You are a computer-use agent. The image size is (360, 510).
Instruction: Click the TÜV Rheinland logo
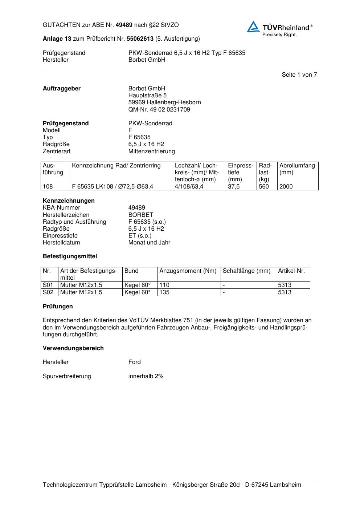(279, 29)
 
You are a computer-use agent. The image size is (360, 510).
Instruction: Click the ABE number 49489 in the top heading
(124, 25)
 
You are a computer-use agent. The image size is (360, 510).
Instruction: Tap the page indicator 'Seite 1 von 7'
(299, 75)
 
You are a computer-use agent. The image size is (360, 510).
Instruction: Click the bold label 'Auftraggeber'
(62, 89)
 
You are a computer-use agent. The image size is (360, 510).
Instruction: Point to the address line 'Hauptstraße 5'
(147, 96)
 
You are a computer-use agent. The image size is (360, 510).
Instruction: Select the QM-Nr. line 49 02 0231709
(159, 109)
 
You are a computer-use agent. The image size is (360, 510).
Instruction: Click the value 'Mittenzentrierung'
(151, 151)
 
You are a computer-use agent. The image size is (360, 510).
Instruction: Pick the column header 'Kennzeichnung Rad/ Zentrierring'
(116, 166)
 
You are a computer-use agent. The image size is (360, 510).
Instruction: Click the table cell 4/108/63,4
(189, 187)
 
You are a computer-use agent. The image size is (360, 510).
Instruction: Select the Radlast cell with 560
(264, 187)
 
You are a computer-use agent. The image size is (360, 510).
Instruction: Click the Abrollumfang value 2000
(286, 187)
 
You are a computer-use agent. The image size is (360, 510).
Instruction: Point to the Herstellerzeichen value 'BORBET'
(140, 215)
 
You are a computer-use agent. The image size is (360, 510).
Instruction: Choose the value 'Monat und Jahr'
(149, 242)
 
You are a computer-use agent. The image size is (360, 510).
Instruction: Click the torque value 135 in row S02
(164, 292)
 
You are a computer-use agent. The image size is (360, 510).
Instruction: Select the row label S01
(48, 285)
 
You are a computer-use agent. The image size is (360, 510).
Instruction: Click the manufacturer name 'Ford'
(134, 362)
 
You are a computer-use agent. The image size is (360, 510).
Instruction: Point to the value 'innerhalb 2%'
(146, 376)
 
